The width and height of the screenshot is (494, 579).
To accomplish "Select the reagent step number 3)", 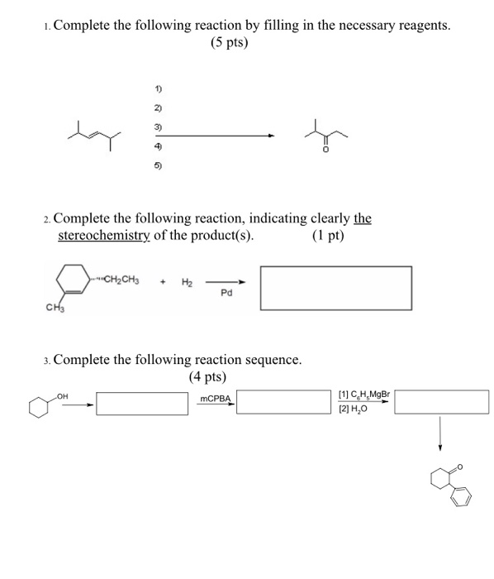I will pyautogui.click(x=157, y=127).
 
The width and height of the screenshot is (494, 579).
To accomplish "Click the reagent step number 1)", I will pyautogui.click(x=157, y=89).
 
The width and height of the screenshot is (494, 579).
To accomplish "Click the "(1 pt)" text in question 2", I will pyautogui.click(x=328, y=235).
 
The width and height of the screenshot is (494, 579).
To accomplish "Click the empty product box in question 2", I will pyautogui.click(x=336, y=285).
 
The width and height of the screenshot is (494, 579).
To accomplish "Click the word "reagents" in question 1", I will pyautogui.click(x=417, y=25).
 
